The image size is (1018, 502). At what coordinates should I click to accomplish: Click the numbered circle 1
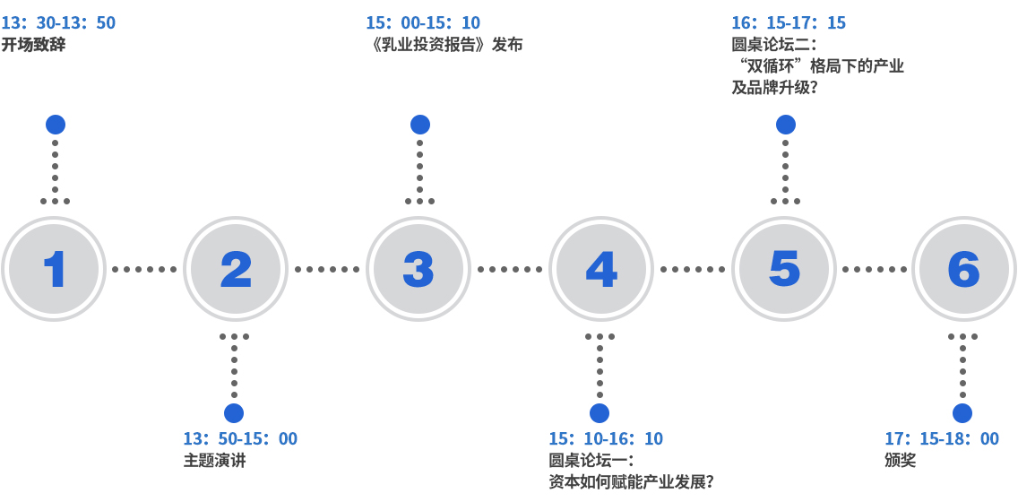click(x=55, y=268)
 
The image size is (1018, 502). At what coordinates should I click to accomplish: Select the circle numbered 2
click(x=236, y=268)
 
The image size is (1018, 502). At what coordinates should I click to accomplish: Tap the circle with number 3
click(x=418, y=268)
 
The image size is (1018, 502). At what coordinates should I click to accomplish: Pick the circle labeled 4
click(x=600, y=268)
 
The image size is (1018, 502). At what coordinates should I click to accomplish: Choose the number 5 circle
click(x=784, y=268)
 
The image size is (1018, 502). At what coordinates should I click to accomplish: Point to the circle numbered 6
click(x=963, y=268)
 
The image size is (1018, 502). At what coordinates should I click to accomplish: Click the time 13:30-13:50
click(x=58, y=22)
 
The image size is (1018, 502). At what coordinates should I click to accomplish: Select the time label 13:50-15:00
click(x=240, y=438)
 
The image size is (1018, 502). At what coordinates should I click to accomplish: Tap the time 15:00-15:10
click(x=423, y=22)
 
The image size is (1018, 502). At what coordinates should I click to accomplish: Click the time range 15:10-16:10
click(x=606, y=438)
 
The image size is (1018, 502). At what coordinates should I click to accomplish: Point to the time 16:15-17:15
click(x=789, y=22)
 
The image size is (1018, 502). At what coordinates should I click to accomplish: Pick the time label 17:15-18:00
click(x=942, y=438)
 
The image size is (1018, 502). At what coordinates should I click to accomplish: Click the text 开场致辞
click(x=33, y=44)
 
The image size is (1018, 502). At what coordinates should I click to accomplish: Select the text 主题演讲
click(x=214, y=461)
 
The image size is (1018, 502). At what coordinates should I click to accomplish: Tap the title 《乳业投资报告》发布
click(x=444, y=44)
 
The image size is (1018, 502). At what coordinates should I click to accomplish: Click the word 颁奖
click(x=900, y=461)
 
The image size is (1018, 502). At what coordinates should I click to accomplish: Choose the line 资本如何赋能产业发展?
click(x=631, y=482)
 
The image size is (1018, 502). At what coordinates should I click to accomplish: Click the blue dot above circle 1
click(x=56, y=125)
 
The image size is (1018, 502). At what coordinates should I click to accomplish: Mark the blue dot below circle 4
click(x=600, y=413)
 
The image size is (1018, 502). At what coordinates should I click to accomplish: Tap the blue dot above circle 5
click(x=785, y=125)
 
